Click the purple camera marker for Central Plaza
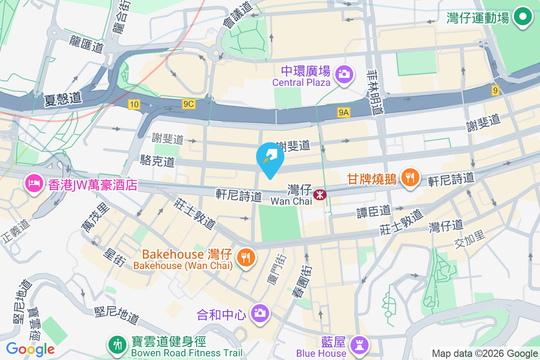pyautogui.click(x=345, y=73)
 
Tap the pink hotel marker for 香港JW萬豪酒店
pyautogui.click(x=34, y=184)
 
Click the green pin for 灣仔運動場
pyautogui.click(x=522, y=17)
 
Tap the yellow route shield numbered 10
pyautogui.click(x=134, y=104)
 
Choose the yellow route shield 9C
pyautogui.click(x=189, y=104)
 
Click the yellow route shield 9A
pyautogui.click(x=343, y=112)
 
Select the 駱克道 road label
pyautogui.click(x=157, y=161)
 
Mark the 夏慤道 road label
pyautogui.click(x=63, y=99)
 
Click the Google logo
pyautogui.click(x=30, y=349)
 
